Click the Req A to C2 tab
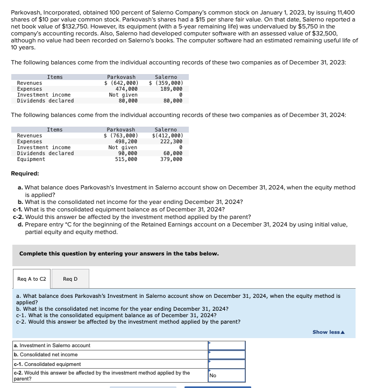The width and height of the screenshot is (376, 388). click(x=32, y=279)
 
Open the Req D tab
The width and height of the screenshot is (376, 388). click(x=70, y=279)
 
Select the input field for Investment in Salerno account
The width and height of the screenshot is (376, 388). click(x=226, y=346)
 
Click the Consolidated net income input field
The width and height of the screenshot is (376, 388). click(x=226, y=355)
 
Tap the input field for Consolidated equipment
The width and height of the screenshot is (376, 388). click(x=226, y=364)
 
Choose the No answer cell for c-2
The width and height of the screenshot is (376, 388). click(x=226, y=375)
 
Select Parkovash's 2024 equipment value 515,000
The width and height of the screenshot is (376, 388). click(x=126, y=159)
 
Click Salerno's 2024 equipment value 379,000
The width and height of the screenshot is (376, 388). click(x=172, y=159)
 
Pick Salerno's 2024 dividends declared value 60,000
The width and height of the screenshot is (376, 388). click(x=173, y=153)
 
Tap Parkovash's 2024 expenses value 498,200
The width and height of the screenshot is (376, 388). click(x=126, y=142)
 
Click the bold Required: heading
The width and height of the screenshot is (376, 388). click(x=25, y=174)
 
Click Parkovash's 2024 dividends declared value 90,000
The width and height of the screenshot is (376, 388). click(x=128, y=153)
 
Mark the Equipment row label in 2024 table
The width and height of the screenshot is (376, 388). click(x=31, y=159)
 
